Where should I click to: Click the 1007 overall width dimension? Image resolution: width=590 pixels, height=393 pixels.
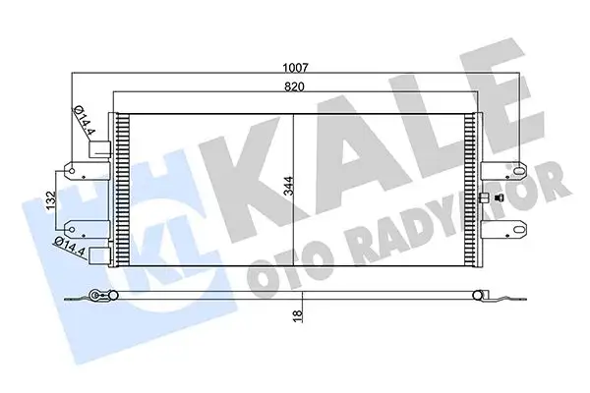[295, 68]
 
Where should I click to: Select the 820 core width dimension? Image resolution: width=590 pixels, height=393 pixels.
[295, 86]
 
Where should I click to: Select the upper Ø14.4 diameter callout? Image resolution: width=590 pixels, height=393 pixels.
[84, 122]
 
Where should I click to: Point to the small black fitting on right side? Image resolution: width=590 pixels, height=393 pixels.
[484, 200]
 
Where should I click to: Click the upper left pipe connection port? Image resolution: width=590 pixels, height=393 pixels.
[98, 150]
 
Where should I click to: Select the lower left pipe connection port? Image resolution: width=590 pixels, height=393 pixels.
[98, 253]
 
